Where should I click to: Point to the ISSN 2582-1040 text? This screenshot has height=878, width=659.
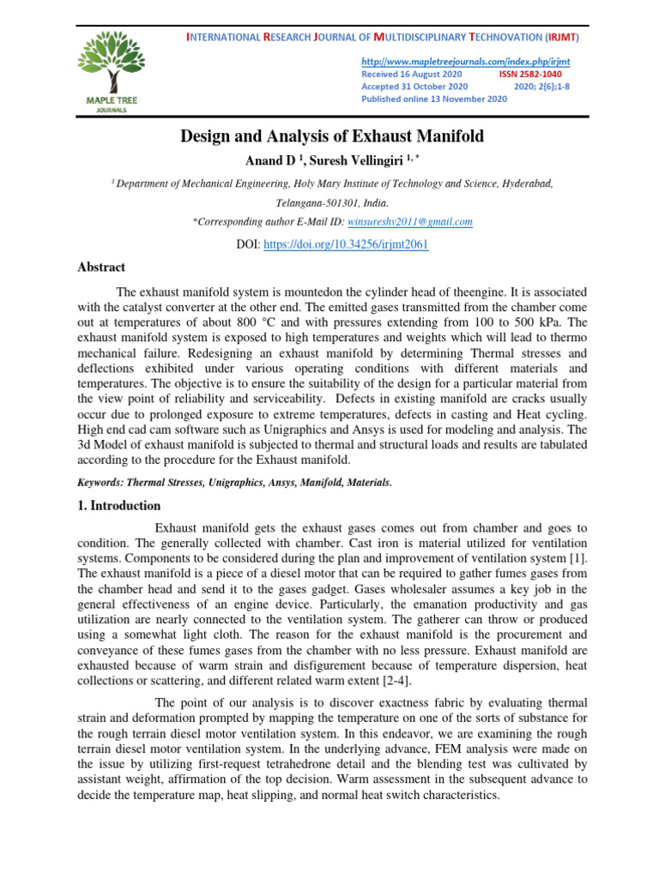tap(530, 75)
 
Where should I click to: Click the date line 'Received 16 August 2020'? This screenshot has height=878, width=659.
tap(411, 75)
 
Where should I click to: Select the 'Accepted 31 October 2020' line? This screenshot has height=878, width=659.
tap(414, 87)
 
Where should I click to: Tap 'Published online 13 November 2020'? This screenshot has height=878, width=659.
tap(434, 99)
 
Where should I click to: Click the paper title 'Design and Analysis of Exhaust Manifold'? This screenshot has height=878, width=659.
tap(331, 136)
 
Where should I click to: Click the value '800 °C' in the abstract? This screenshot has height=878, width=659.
tap(258, 322)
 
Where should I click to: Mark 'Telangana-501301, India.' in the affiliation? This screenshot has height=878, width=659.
tap(331, 204)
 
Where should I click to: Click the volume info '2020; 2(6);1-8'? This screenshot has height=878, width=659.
tap(547, 87)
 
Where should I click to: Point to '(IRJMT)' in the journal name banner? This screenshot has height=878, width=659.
tap(562, 39)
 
